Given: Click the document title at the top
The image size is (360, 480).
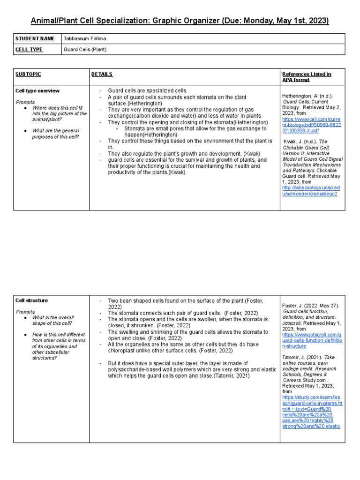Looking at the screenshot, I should [180, 21].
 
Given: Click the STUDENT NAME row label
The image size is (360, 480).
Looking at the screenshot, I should [35, 38].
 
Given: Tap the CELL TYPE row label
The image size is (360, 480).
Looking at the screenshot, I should [29, 50].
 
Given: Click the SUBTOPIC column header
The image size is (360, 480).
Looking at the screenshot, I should [28, 74].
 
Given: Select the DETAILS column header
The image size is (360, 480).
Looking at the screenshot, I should [102, 74].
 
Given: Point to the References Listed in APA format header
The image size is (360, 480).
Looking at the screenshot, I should [307, 77].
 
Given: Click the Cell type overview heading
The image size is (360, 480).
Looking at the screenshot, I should [37, 90].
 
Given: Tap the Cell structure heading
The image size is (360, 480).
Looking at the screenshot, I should [32, 300].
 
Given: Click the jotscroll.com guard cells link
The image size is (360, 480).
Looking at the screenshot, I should [312, 340].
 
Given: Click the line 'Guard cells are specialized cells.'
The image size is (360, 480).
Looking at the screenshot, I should [147, 90].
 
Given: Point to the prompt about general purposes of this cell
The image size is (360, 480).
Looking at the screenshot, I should [55, 137].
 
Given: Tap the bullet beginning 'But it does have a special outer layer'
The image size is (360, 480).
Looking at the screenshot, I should [192, 369].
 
